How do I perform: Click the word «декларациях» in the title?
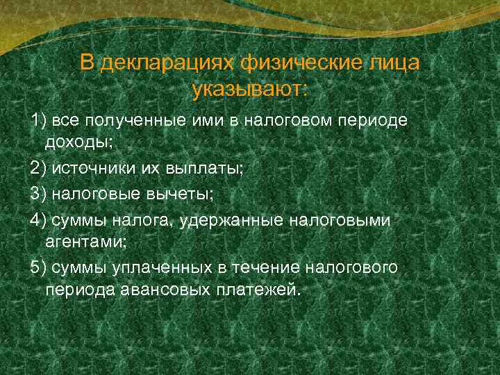[x=167, y=63]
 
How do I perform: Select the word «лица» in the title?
[x=394, y=63]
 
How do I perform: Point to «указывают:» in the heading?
[x=250, y=90]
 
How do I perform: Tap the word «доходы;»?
[x=78, y=144]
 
